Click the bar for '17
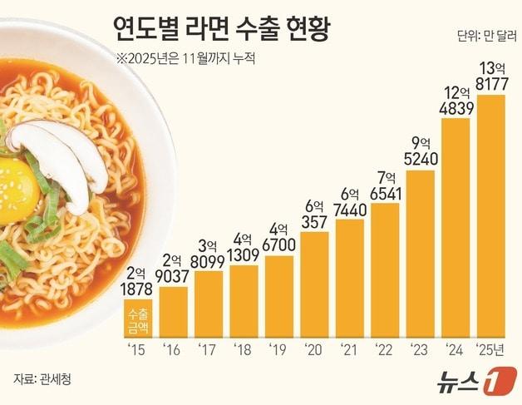pyautogui.click(x=208, y=300)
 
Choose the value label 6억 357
pyautogui.click(x=314, y=214)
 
